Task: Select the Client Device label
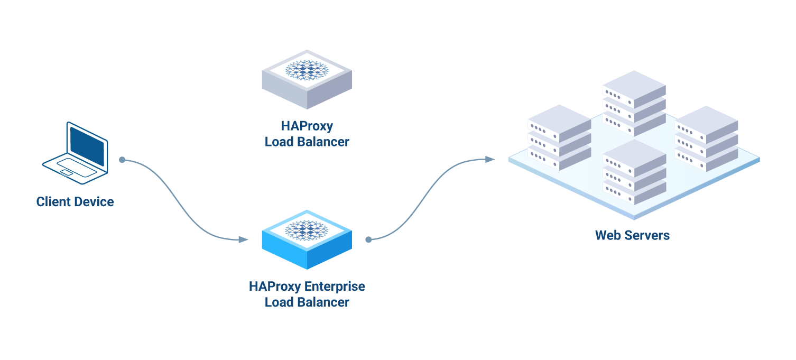click(75, 201)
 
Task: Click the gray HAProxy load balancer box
click(307, 85)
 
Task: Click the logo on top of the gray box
click(307, 70)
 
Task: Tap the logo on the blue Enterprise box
click(307, 230)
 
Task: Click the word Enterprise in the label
click(335, 287)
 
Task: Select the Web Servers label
click(632, 235)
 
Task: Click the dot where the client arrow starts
click(122, 160)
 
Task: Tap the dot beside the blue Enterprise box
click(368, 239)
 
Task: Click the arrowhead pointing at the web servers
click(490, 159)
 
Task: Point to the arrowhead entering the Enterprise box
click(243, 239)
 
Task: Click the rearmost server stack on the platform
click(634, 103)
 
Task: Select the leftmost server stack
click(559, 137)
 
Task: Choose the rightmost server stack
click(706, 139)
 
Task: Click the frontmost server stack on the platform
click(634, 172)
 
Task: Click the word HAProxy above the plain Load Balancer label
click(307, 126)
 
